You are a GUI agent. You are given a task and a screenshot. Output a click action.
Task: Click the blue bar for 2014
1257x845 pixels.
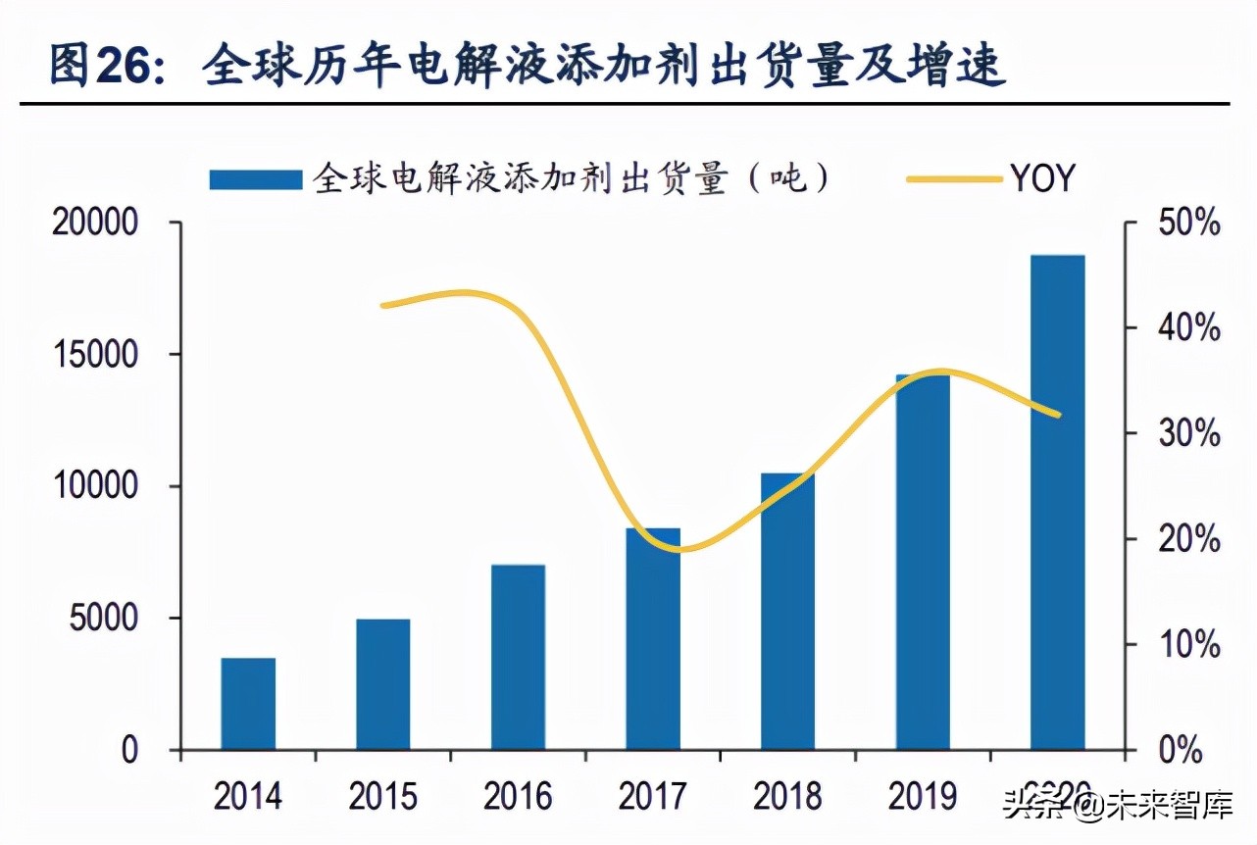[x=248, y=703]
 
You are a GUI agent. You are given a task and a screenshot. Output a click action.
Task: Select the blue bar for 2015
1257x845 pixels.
[x=383, y=683]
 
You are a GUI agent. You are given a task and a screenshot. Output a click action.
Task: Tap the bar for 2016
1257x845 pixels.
[x=518, y=657]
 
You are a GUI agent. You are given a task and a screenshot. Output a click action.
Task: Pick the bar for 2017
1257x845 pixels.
[x=653, y=638]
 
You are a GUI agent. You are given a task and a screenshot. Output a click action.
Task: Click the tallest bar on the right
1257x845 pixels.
[x=1058, y=502]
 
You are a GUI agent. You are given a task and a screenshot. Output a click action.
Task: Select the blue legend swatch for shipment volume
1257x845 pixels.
[x=255, y=179]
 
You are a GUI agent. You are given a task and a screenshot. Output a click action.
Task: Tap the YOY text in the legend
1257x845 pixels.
[x=1041, y=179]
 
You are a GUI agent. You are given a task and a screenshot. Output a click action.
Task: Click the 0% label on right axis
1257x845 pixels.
[x=1178, y=752]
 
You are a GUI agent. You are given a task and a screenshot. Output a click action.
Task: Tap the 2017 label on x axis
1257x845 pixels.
[x=653, y=796]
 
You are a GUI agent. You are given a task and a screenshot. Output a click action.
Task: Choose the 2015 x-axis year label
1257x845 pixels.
[x=383, y=796]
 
